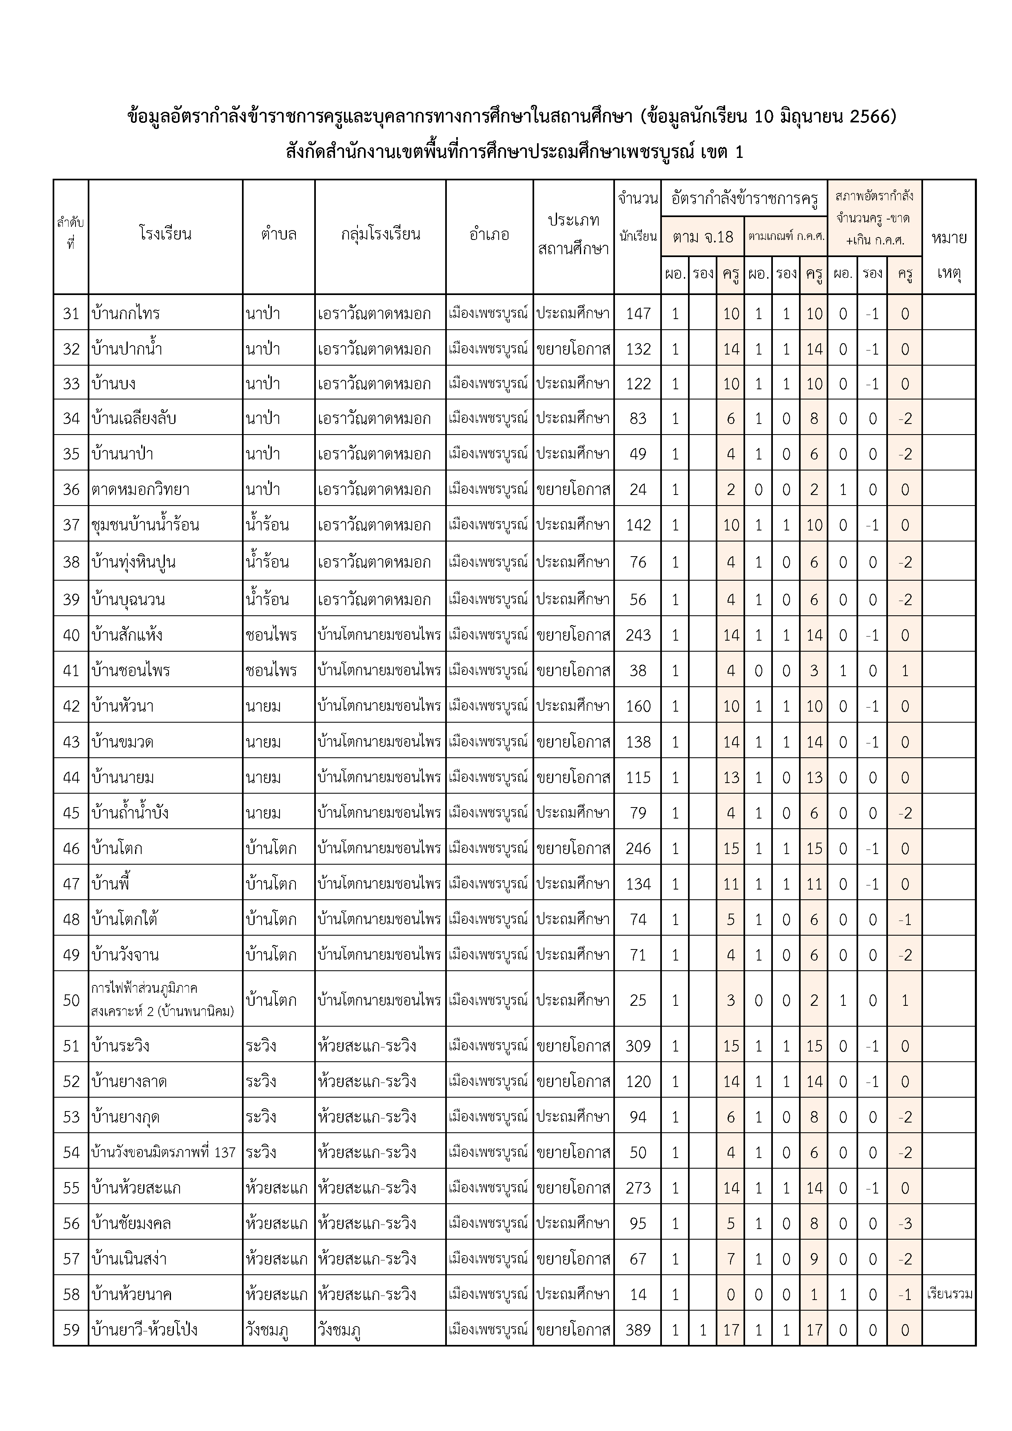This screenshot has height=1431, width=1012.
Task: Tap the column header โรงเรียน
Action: pyautogui.click(x=165, y=234)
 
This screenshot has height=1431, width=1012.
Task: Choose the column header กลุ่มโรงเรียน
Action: pyautogui.click(x=380, y=234)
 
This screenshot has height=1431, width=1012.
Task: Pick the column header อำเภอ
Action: pyautogui.click(x=489, y=234)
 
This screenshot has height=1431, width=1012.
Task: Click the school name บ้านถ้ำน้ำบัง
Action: pyautogui.click(x=130, y=813)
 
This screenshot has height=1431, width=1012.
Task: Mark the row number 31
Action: pyautogui.click(x=71, y=313)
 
